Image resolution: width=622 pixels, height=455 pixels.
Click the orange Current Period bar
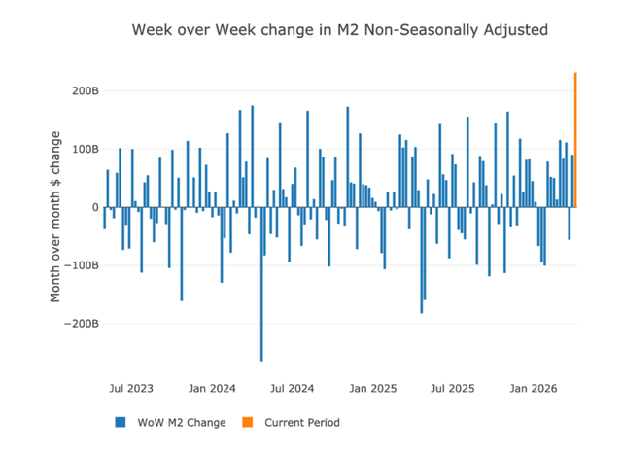[x=575, y=140]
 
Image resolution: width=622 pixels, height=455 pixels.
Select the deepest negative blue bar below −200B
[x=261, y=284]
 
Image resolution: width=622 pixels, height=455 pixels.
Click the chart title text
[x=340, y=30]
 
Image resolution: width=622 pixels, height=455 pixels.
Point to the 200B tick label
[x=86, y=90]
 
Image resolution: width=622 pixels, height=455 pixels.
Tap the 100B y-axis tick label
[x=86, y=149]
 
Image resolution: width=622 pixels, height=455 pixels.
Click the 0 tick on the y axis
[x=95, y=207]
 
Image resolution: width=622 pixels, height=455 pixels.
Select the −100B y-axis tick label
[x=82, y=265]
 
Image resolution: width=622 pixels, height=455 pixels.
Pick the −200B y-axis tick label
[x=82, y=324]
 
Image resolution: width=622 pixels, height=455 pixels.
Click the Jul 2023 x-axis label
[x=131, y=388]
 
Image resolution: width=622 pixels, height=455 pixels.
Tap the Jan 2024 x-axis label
[x=212, y=388]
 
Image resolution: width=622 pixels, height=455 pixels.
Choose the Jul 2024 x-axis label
[x=293, y=388]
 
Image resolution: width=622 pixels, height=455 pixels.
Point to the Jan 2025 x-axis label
[x=373, y=388]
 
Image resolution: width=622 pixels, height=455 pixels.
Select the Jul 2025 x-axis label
[x=453, y=388]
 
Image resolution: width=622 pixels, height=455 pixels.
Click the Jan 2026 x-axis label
[x=534, y=388]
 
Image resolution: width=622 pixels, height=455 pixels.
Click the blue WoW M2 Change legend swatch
[x=121, y=422]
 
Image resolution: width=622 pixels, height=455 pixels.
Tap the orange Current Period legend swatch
[x=247, y=422]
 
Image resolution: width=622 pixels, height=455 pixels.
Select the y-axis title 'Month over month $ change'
[x=55, y=217]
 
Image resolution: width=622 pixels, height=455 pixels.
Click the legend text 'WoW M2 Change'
[x=182, y=423]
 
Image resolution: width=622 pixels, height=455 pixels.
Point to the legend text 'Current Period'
[x=302, y=423]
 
